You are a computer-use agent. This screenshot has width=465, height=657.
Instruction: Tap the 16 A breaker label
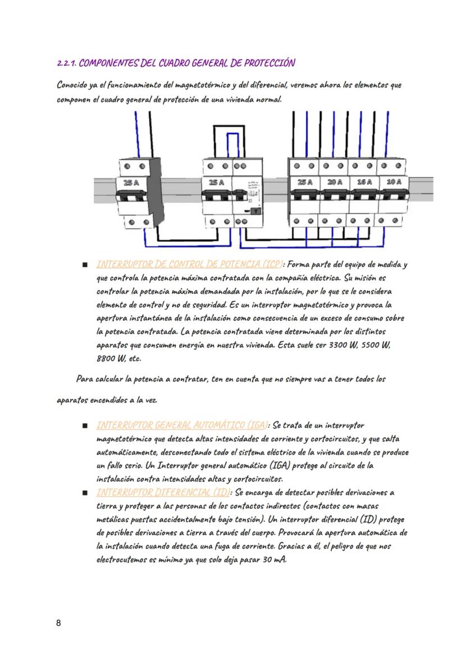tap(364, 182)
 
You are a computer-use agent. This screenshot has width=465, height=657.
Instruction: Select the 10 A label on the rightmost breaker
tap(394, 182)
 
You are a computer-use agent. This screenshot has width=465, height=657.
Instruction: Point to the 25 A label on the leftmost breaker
tap(130, 183)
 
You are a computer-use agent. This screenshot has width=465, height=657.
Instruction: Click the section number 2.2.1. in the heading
tap(69, 63)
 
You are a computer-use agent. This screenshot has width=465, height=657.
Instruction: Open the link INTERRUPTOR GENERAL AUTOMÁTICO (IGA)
tap(182, 425)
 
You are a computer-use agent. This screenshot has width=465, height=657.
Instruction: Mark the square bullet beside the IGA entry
tap(84, 426)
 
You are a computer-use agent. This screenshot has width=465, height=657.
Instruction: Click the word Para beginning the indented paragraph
tap(84, 379)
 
